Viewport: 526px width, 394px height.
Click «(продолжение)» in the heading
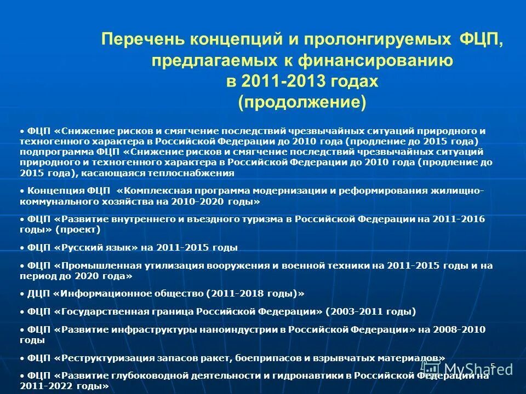click(x=302, y=102)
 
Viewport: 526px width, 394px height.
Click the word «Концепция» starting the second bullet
click(x=55, y=191)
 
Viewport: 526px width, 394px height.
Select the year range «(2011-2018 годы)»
click(x=255, y=293)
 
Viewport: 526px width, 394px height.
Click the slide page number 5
click(x=493, y=366)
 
